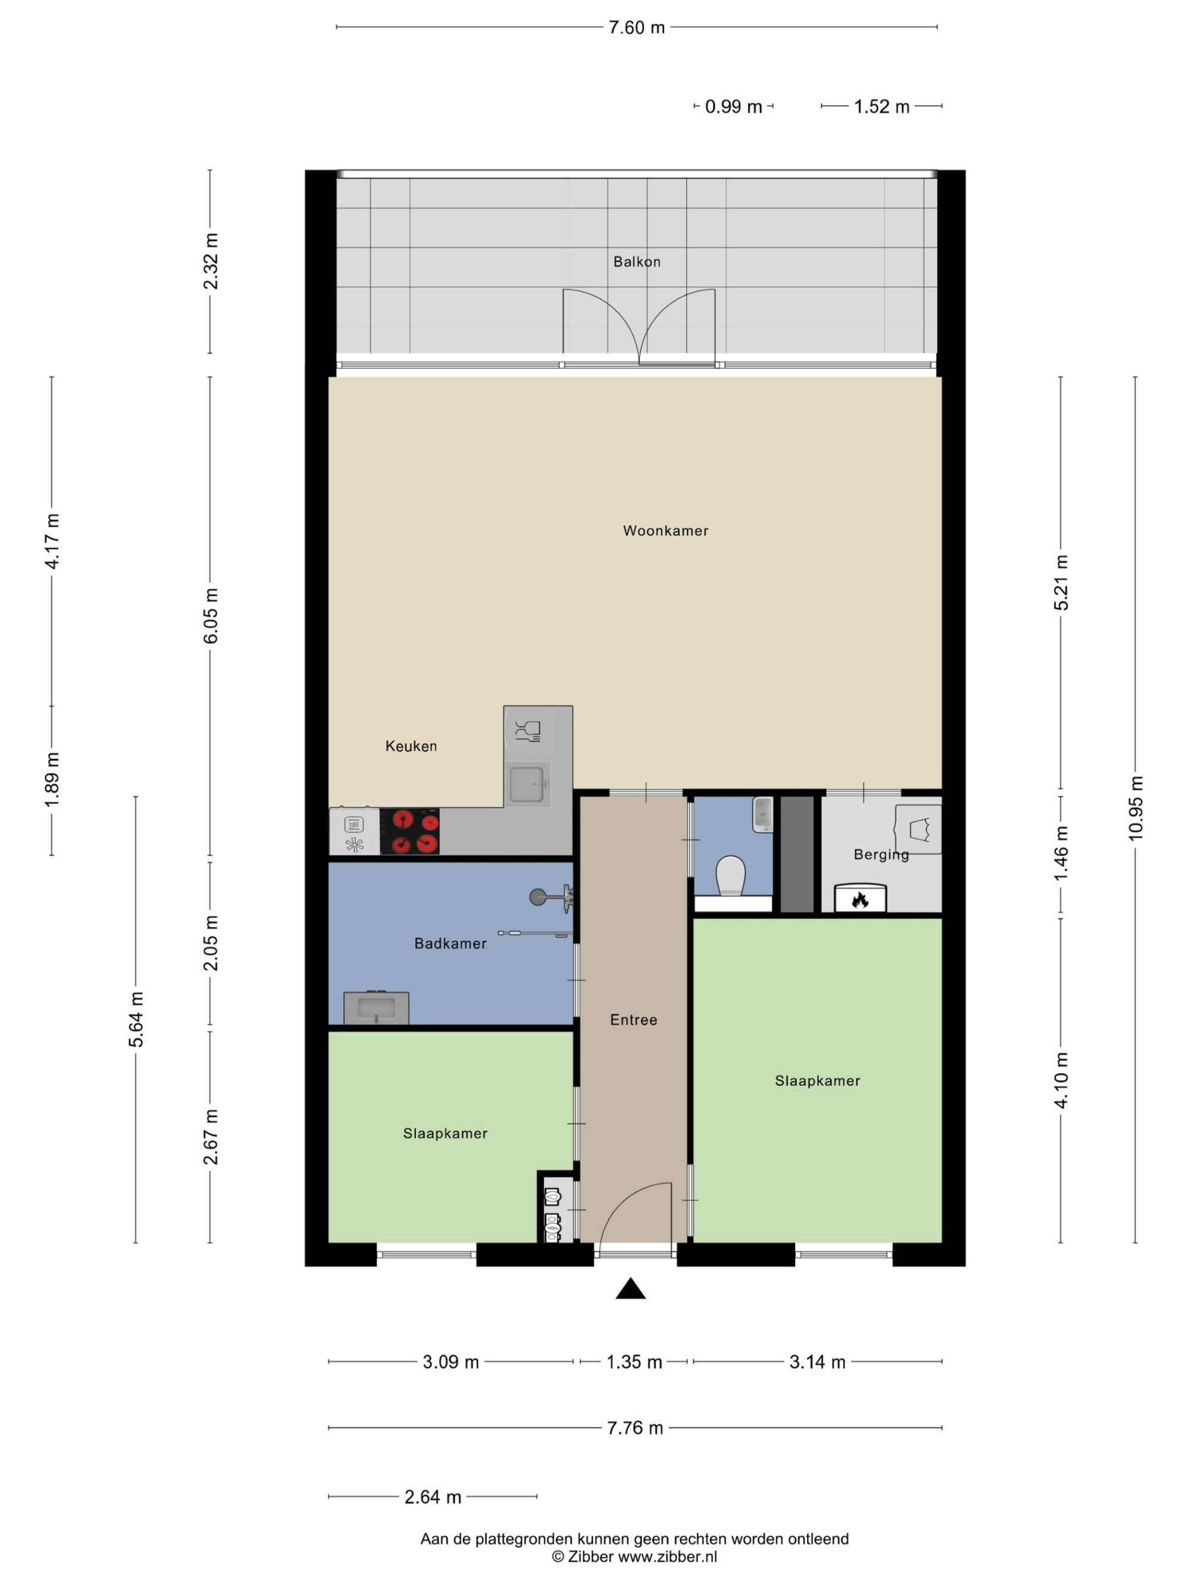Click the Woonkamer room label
click(x=665, y=530)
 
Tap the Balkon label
click(x=637, y=262)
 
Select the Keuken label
click(x=411, y=745)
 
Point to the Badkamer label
click(x=450, y=943)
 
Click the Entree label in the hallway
click(x=633, y=1020)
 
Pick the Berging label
click(x=881, y=855)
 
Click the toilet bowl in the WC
click(x=731, y=876)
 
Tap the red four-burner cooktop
click(x=410, y=832)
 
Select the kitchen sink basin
click(x=526, y=784)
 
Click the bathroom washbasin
click(x=376, y=1008)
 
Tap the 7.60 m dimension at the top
click(x=636, y=27)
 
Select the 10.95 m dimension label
click(x=1135, y=808)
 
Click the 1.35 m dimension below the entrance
click(x=634, y=1361)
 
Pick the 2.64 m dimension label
click(x=432, y=1496)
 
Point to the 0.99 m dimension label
click(x=734, y=107)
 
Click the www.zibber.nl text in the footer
click(x=667, y=1556)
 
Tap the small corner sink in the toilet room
click(x=763, y=814)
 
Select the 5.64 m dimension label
click(x=136, y=1019)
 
